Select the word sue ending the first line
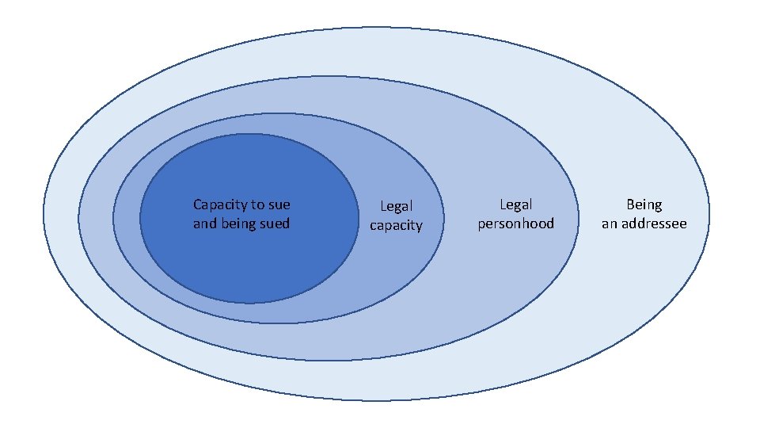279,205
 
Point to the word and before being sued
204,224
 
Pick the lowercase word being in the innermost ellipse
237,224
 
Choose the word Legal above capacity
396,207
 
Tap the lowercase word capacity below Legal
396,226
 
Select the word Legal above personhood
516,205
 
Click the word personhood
516,224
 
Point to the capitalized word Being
644,205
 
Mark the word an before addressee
609,224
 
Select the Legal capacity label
396,216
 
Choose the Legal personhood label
516,214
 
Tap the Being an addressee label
644,214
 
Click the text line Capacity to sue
241,205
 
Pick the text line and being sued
241,224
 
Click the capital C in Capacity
197,204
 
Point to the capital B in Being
631,204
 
